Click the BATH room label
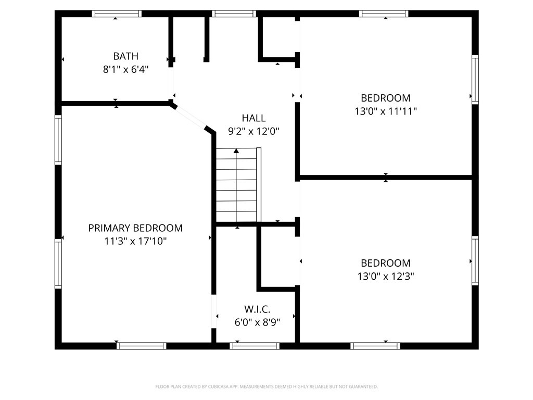pyautogui.click(x=125, y=56)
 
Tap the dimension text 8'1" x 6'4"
pyautogui.click(x=125, y=69)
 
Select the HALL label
pyautogui.click(x=253, y=118)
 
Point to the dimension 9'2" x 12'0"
pyautogui.click(x=253, y=132)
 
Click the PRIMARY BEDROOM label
pyautogui.click(x=135, y=228)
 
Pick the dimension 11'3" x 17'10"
pyautogui.click(x=135, y=241)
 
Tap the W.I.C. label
pyautogui.click(x=257, y=309)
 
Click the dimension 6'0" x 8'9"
pyautogui.click(x=257, y=322)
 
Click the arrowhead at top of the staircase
pyautogui.click(x=237, y=151)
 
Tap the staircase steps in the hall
pyautogui.click(x=237, y=187)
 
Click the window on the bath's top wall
pyautogui.click(x=117, y=14)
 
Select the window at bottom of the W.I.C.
pyautogui.click(x=255, y=346)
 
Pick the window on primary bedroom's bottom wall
pyautogui.click(x=142, y=346)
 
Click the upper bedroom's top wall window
pyautogui.click(x=384, y=14)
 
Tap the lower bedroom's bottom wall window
pyautogui.click(x=375, y=346)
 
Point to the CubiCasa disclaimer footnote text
pyautogui.click(x=266, y=386)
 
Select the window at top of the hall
pyautogui.click(x=234, y=14)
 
